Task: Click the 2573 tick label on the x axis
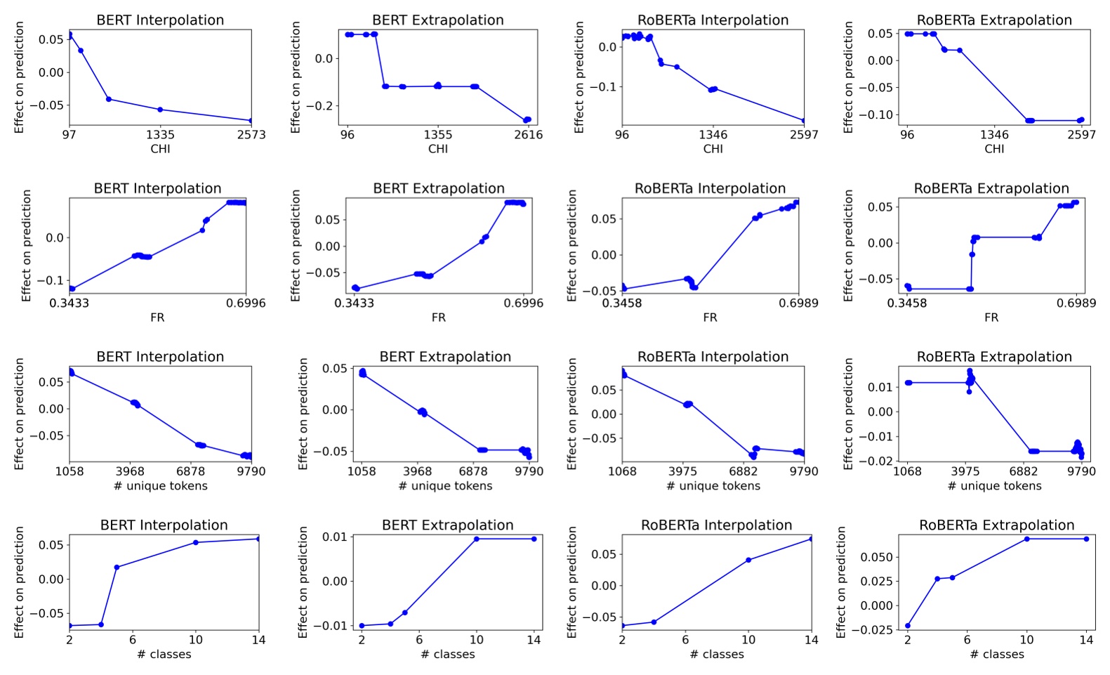click(251, 135)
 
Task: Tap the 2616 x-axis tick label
click(528, 135)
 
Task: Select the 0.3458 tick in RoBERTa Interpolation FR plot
click(622, 303)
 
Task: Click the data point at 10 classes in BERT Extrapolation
click(477, 539)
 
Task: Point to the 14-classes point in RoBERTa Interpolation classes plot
click(811, 539)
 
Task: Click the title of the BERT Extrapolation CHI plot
click(438, 20)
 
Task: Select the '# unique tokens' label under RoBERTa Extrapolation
click(994, 486)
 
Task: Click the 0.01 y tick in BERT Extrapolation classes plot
click(334, 537)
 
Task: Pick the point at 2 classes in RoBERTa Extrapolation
click(908, 626)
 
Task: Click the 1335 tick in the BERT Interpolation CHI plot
click(160, 135)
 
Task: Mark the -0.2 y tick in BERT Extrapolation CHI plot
click(324, 106)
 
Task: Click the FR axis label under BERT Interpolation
click(157, 317)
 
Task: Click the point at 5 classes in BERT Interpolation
click(117, 567)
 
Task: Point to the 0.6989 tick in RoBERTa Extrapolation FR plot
click(1076, 303)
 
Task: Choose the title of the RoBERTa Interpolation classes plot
click(716, 525)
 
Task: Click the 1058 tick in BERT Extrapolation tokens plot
click(362, 471)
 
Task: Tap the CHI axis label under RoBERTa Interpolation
click(713, 149)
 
